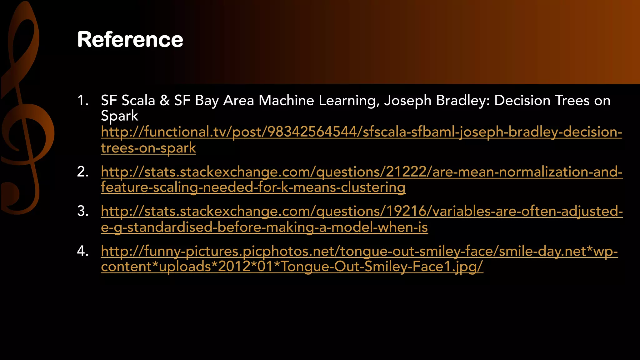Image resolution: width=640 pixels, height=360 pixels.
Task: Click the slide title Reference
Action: (130, 40)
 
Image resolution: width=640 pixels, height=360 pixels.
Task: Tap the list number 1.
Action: (82, 101)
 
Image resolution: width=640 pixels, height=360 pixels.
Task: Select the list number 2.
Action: (82, 172)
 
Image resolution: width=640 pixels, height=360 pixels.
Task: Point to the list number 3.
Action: (82, 211)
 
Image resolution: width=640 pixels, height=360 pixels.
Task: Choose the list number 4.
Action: (82, 251)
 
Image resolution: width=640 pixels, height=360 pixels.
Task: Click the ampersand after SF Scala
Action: (165, 101)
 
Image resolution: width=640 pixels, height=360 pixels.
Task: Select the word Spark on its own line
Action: (119, 116)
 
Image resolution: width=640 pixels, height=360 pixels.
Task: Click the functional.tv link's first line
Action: (361, 132)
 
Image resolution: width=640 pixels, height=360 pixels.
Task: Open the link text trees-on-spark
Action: (148, 148)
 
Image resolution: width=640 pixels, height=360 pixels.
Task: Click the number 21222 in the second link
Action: (406, 172)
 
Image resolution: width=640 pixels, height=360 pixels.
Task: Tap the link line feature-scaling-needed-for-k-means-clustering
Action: (253, 187)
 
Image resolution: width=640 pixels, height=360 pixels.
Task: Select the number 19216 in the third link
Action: (407, 211)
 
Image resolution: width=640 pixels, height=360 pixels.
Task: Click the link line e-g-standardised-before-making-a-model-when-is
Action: (264, 227)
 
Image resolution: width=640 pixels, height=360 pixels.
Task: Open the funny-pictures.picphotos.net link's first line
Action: (359, 251)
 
